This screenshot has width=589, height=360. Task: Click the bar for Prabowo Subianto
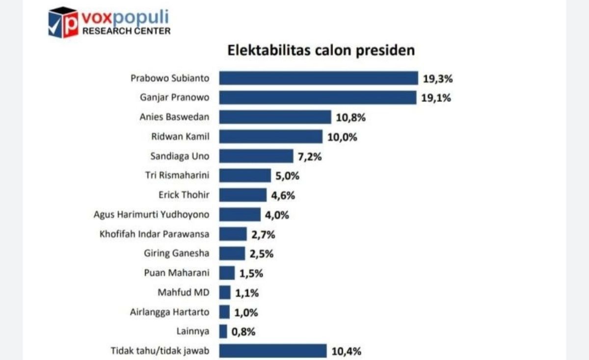[x=318, y=78]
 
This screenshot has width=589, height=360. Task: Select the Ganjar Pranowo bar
[x=318, y=98]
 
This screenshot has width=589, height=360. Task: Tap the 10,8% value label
[x=351, y=117]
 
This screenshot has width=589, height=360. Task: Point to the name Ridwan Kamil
[x=180, y=137]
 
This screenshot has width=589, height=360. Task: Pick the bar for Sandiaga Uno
[x=256, y=156]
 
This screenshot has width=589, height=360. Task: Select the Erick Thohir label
[x=184, y=195]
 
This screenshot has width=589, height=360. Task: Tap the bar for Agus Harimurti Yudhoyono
[x=240, y=215]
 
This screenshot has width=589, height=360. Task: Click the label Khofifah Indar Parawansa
[x=154, y=234]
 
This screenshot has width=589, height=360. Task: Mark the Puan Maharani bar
[x=227, y=273]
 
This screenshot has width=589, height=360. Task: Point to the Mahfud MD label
[x=184, y=293]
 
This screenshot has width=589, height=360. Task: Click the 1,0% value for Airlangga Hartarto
[x=246, y=312]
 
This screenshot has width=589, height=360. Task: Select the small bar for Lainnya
[x=223, y=332]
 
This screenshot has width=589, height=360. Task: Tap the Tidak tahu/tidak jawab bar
[x=272, y=351]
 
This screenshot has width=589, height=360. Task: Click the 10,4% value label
[x=347, y=351]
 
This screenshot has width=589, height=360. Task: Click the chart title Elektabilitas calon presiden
[x=321, y=51]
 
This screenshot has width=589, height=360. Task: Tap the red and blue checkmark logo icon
[x=63, y=23]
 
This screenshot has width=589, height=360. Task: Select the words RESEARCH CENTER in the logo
[x=126, y=31]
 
